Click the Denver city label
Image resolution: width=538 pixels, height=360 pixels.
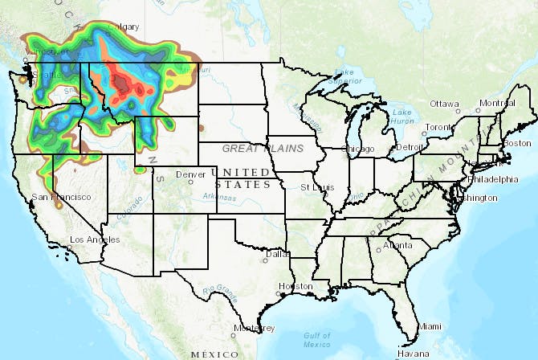click(190, 174)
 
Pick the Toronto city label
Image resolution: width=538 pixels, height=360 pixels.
click(439, 128)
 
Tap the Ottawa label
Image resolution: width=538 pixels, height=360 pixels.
click(444, 104)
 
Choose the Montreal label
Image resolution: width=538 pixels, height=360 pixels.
click(495, 104)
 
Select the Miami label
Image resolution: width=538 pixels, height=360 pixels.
click(430, 325)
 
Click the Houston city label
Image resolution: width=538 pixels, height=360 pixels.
click(295, 286)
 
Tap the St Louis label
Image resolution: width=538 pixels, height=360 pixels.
click(316, 186)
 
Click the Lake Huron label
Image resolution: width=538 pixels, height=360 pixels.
click(402, 117)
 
